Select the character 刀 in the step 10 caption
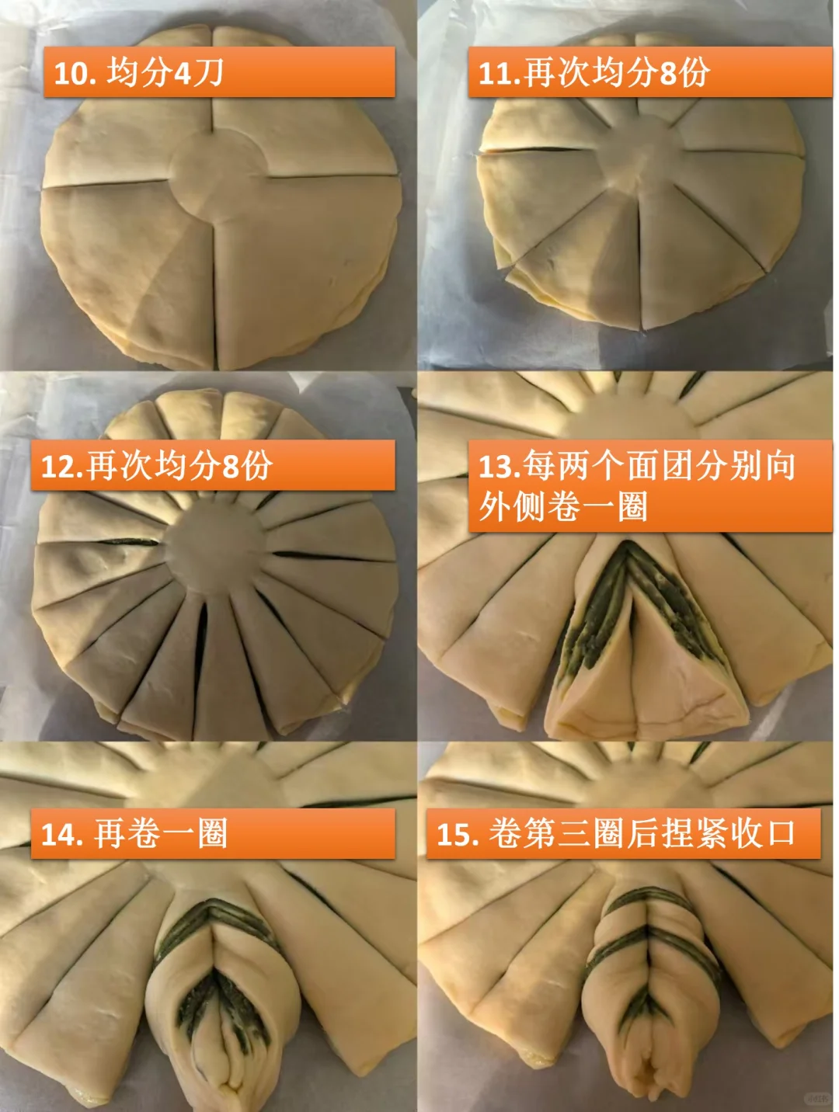point(208,72)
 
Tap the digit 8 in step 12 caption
point(231,466)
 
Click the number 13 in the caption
point(495,466)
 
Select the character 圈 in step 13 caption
point(633,506)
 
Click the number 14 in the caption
point(57,834)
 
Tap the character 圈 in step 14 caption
point(213,833)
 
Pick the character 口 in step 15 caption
point(781,833)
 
